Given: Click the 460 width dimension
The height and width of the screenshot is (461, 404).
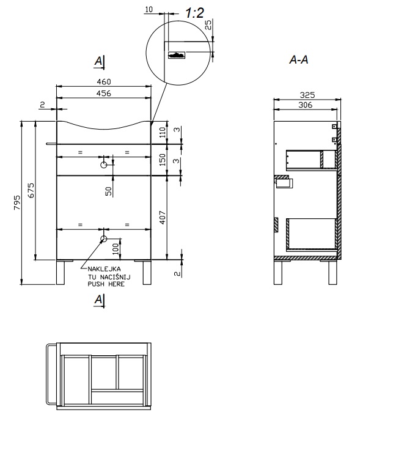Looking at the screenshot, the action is tap(104, 81).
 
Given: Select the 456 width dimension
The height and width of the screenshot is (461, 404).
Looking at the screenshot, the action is tap(104, 93).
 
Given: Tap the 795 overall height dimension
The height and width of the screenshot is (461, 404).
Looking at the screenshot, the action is tap(17, 202).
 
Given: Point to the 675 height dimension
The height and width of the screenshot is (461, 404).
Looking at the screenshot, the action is tap(31, 190).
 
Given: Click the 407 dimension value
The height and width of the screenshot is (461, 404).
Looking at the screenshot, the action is tap(163, 218).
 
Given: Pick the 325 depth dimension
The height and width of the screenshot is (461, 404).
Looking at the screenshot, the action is tap(307, 95).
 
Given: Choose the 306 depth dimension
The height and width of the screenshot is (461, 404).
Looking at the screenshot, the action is tap(305, 105).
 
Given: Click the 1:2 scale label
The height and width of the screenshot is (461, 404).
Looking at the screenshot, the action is tap(194, 13).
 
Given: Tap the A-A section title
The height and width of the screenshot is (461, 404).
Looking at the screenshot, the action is tap(299, 60).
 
